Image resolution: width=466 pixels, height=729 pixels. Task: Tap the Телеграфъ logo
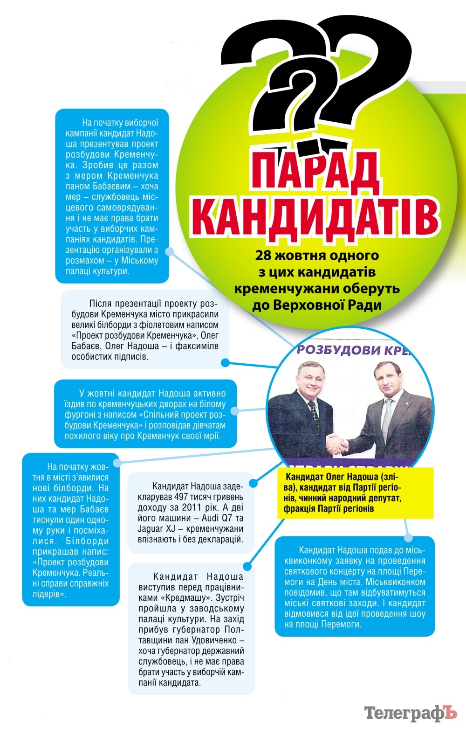tap(411, 712)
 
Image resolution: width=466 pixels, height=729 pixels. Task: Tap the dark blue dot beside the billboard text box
tap(226, 362)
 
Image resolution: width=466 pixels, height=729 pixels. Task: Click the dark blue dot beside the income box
tap(253, 483)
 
